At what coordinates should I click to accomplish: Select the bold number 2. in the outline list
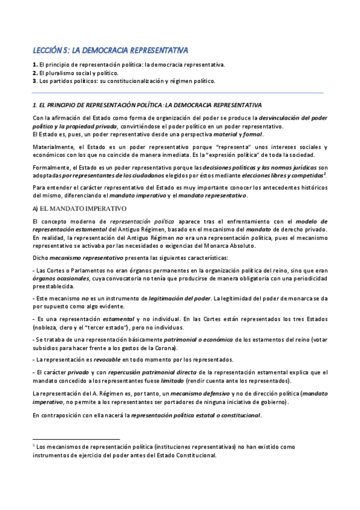(x=35, y=72)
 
